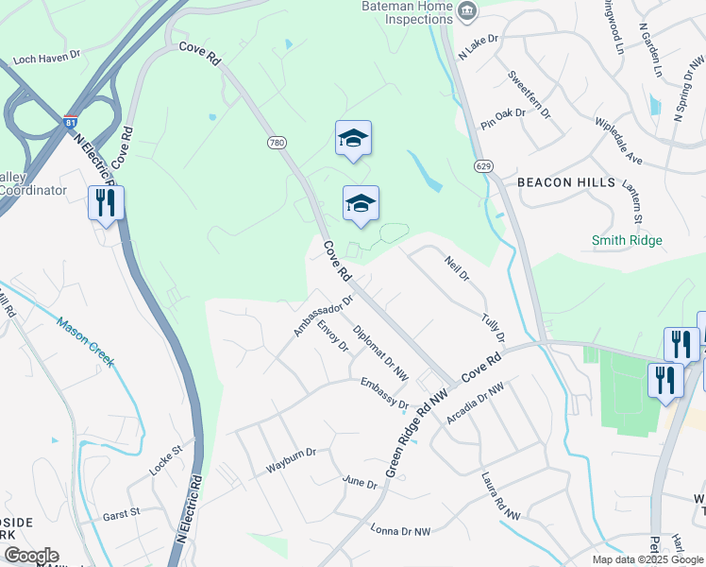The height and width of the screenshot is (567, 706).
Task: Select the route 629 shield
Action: [484, 166]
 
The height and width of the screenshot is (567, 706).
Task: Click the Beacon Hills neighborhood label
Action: [565, 181]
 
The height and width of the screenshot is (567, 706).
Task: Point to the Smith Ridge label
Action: [627, 240]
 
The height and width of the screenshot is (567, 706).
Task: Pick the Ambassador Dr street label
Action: [323, 316]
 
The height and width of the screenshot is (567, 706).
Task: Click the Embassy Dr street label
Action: [384, 393]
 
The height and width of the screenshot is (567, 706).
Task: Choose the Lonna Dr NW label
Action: [401, 531]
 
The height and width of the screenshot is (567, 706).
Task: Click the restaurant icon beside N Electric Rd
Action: [106, 203]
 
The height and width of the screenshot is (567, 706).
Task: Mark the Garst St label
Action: [121, 513]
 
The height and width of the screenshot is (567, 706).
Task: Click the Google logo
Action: [31, 556]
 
